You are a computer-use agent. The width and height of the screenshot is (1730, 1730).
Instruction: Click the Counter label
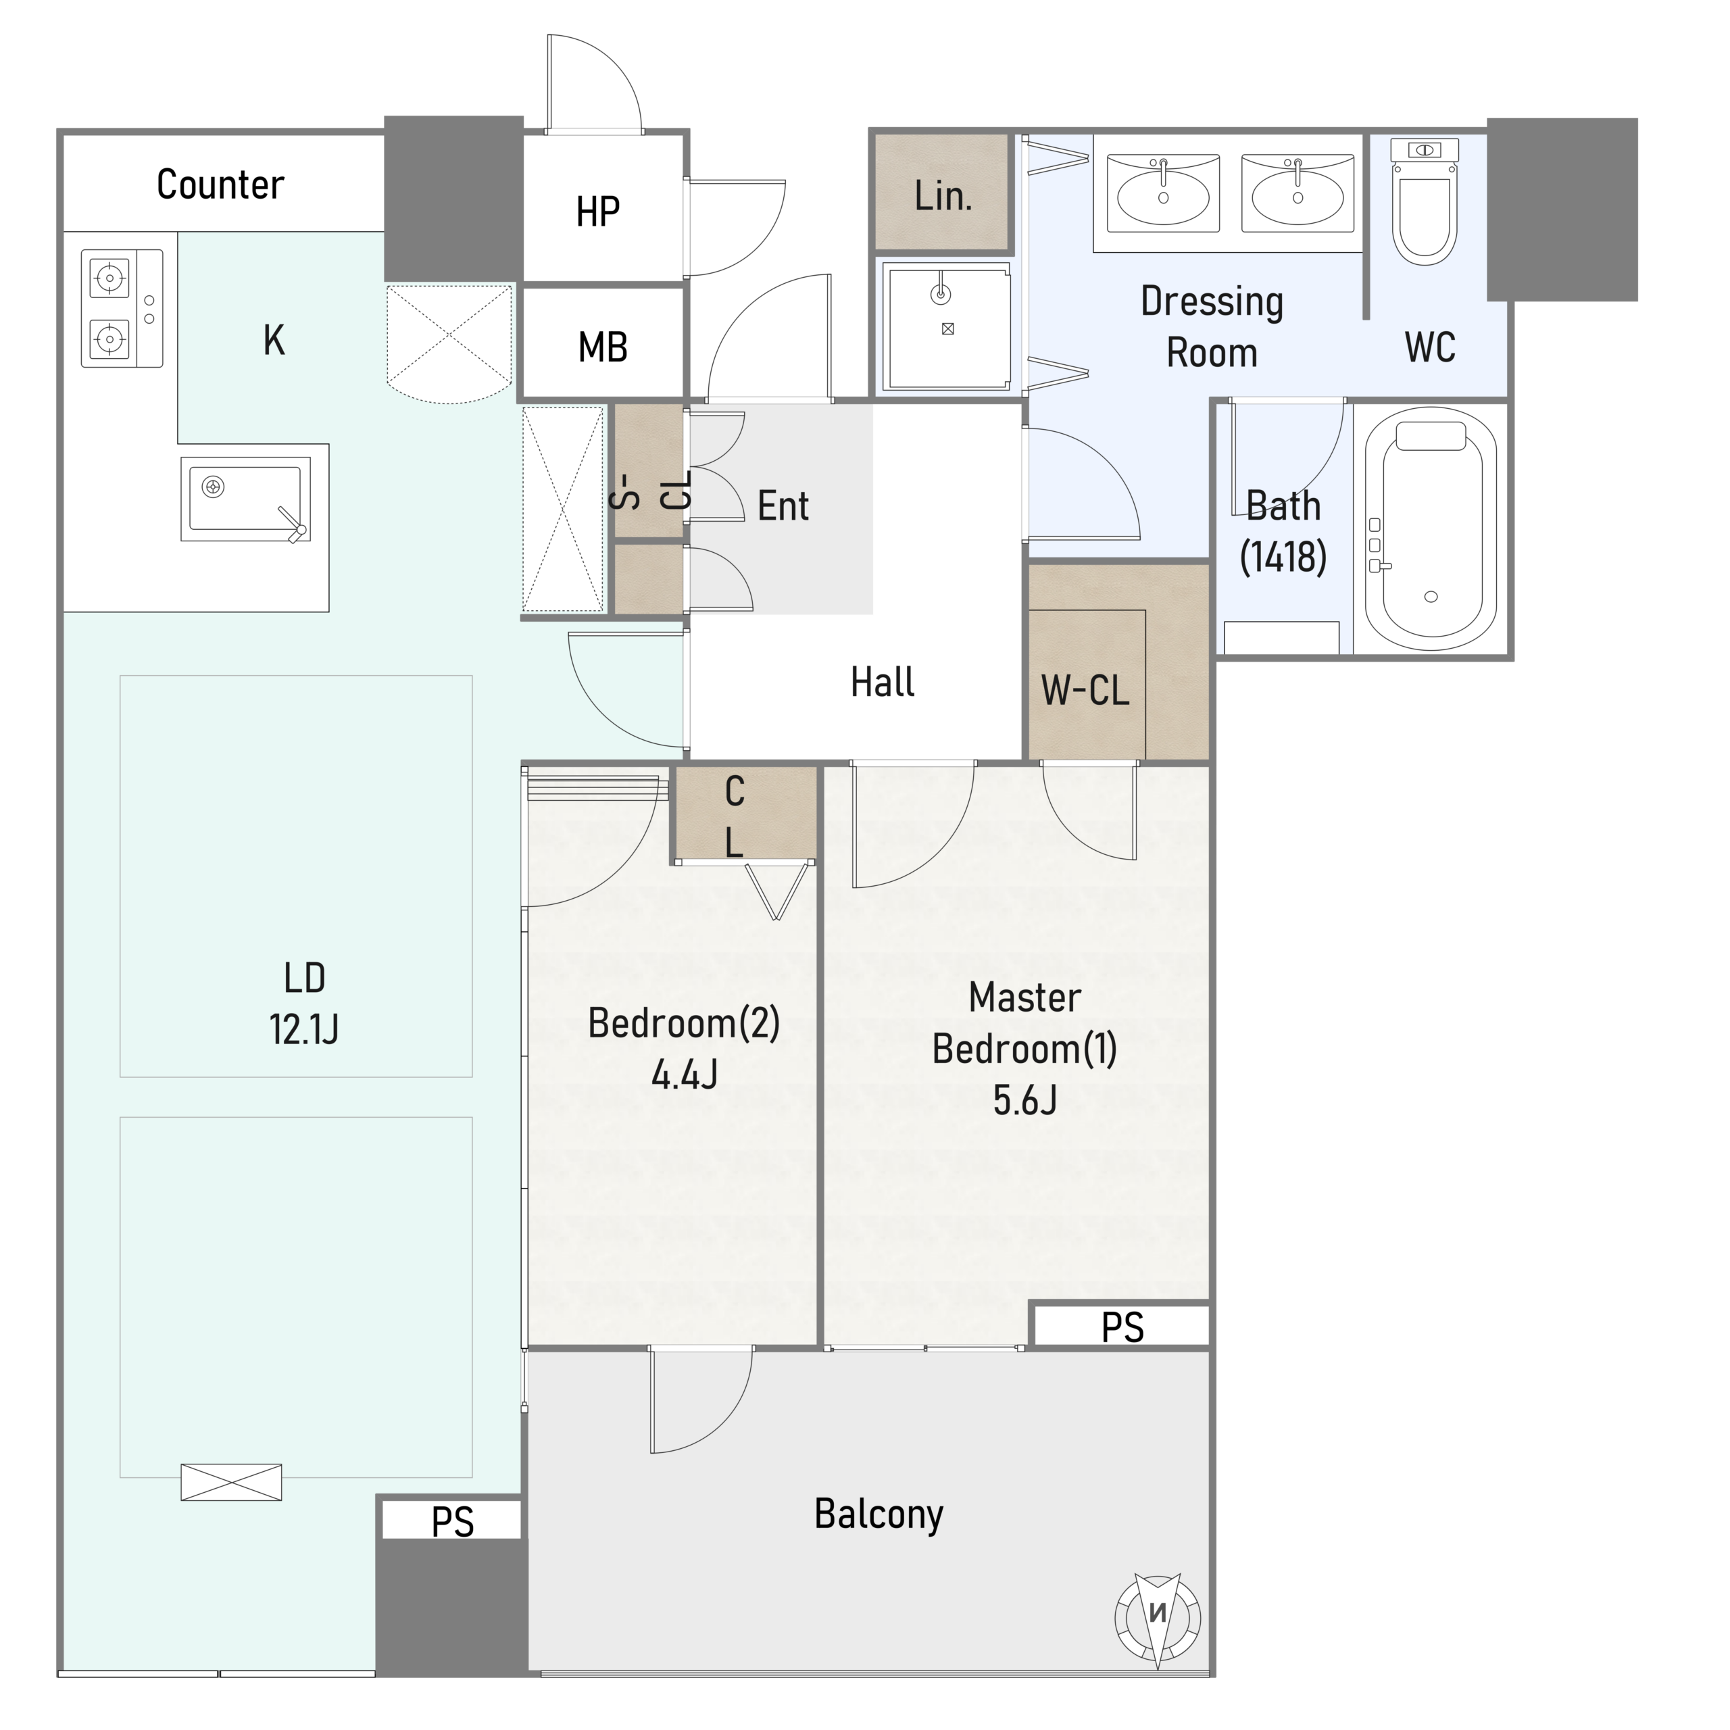[220, 184]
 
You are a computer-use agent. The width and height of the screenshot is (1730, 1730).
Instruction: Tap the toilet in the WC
[1425, 201]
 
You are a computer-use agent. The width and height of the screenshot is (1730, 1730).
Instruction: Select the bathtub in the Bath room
[1431, 528]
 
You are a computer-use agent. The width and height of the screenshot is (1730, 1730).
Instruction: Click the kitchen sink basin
[245, 499]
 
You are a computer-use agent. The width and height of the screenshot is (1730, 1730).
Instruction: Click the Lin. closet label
[943, 195]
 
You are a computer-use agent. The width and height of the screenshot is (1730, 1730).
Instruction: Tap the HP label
[597, 212]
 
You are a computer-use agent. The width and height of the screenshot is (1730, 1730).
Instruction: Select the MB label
[603, 347]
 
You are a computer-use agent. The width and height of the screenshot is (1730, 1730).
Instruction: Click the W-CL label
[1085, 691]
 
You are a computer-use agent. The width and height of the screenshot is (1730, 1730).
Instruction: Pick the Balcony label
[879, 1514]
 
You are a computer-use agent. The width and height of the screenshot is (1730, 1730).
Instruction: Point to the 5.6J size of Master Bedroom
[1024, 1099]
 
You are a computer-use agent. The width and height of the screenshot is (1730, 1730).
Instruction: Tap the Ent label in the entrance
[783, 507]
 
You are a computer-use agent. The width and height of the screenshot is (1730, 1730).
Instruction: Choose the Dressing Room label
[1212, 327]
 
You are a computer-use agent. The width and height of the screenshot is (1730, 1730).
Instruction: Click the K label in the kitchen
[274, 341]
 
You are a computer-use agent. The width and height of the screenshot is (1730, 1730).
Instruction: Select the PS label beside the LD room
[452, 1523]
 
